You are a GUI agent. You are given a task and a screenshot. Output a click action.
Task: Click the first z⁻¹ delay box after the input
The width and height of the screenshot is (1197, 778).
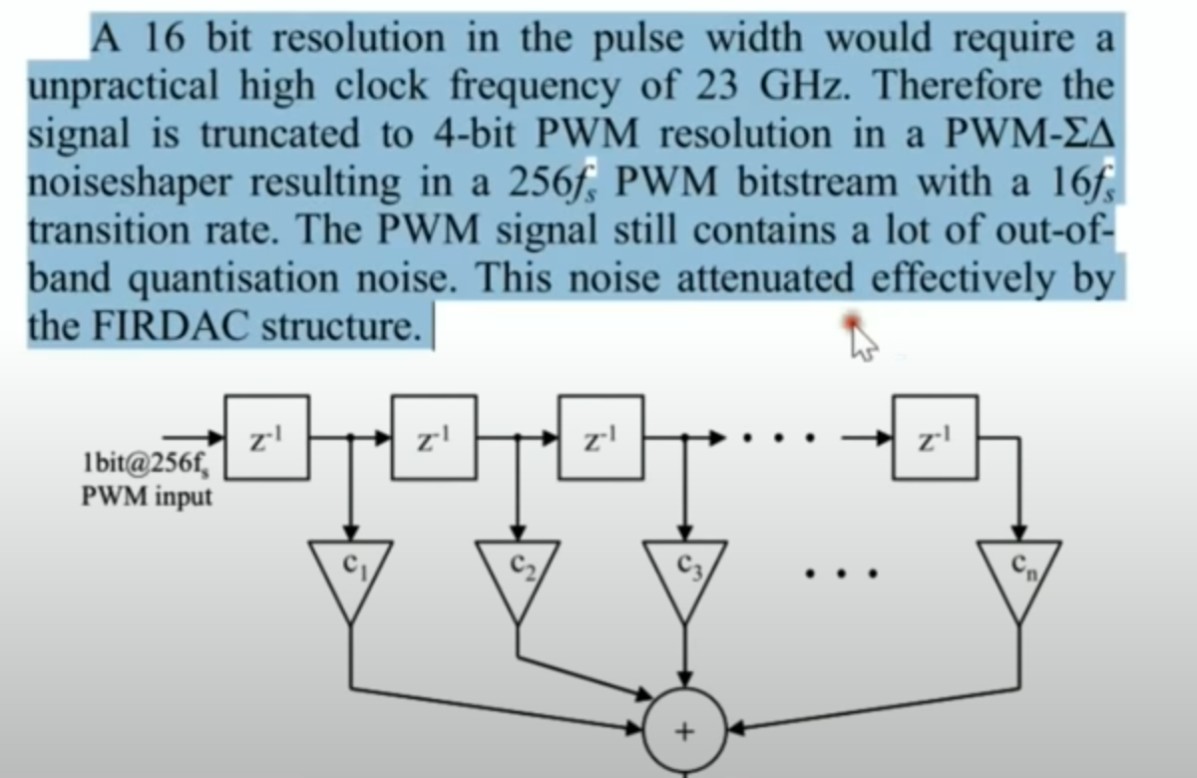coord(267,436)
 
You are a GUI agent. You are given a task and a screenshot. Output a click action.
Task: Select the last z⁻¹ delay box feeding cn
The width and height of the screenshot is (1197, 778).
coord(935,436)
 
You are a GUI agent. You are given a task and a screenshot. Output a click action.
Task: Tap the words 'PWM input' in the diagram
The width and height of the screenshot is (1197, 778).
coord(147,496)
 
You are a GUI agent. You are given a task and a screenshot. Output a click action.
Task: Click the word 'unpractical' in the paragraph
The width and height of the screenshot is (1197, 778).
coord(126,87)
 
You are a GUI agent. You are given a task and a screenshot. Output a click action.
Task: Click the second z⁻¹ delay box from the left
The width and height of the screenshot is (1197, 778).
coord(434,436)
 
